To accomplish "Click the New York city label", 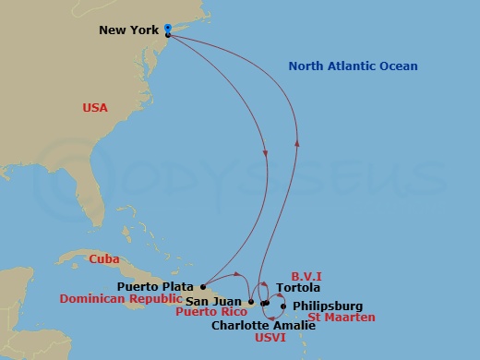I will point(129,30).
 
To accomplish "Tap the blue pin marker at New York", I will point(167,28).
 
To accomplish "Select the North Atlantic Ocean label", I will point(353,66).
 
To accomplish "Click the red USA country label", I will point(95,108).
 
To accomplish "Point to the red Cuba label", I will point(103,259).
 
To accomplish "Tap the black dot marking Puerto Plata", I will point(203,286).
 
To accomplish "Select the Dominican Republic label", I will point(118,299).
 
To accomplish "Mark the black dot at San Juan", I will point(250,302).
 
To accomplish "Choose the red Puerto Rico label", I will point(212,312).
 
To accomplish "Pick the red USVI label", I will point(268,338).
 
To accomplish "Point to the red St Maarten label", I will point(342,318).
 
